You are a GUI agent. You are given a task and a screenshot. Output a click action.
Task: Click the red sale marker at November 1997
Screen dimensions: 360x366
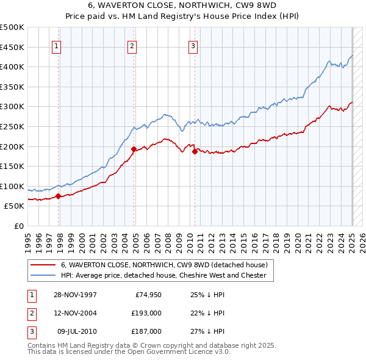click(59, 196)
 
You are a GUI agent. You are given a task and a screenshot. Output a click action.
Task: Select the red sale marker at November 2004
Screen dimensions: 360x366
click(134, 149)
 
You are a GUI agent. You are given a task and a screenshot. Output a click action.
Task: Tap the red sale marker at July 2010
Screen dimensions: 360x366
click(195, 152)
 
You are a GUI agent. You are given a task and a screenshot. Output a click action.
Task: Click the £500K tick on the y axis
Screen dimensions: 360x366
click(12, 27)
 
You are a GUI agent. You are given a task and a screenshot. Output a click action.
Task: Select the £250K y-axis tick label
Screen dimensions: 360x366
click(12, 126)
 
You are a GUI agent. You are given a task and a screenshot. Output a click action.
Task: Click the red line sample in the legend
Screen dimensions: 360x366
click(42, 265)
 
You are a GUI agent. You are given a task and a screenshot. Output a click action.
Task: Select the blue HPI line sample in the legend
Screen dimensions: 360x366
click(42, 276)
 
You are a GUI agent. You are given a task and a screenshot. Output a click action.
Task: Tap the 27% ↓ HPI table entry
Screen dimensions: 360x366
click(207, 331)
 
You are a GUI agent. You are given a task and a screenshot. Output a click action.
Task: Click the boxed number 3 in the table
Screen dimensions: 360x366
click(31, 331)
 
